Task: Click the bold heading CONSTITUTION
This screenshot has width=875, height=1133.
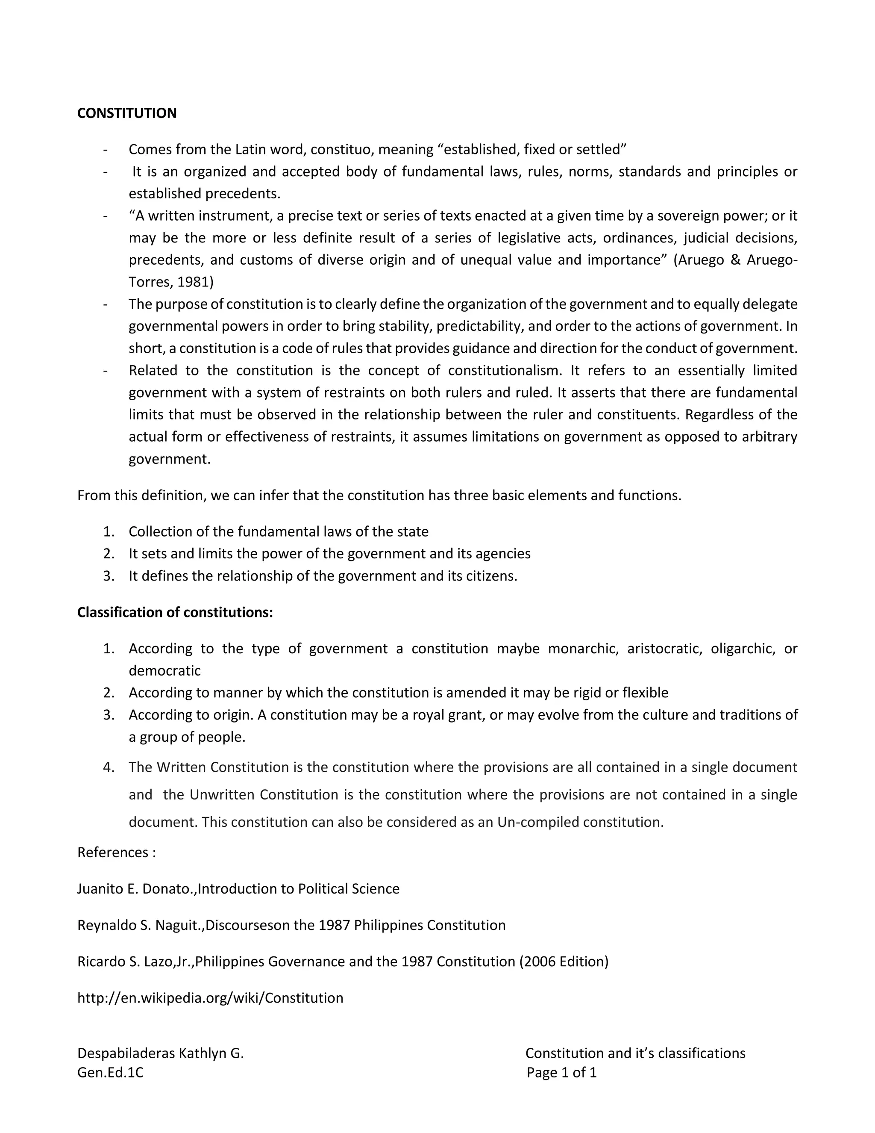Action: [126, 113]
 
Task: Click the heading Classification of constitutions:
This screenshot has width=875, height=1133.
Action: [175, 612]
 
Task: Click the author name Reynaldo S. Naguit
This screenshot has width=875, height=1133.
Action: [139, 925]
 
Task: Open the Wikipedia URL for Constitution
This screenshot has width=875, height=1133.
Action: [210, 997]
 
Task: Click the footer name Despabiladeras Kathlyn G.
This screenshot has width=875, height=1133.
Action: [160, 1053]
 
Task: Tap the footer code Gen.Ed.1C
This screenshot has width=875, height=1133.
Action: [110, 1072]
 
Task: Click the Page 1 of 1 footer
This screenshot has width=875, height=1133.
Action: [561, 1072]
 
